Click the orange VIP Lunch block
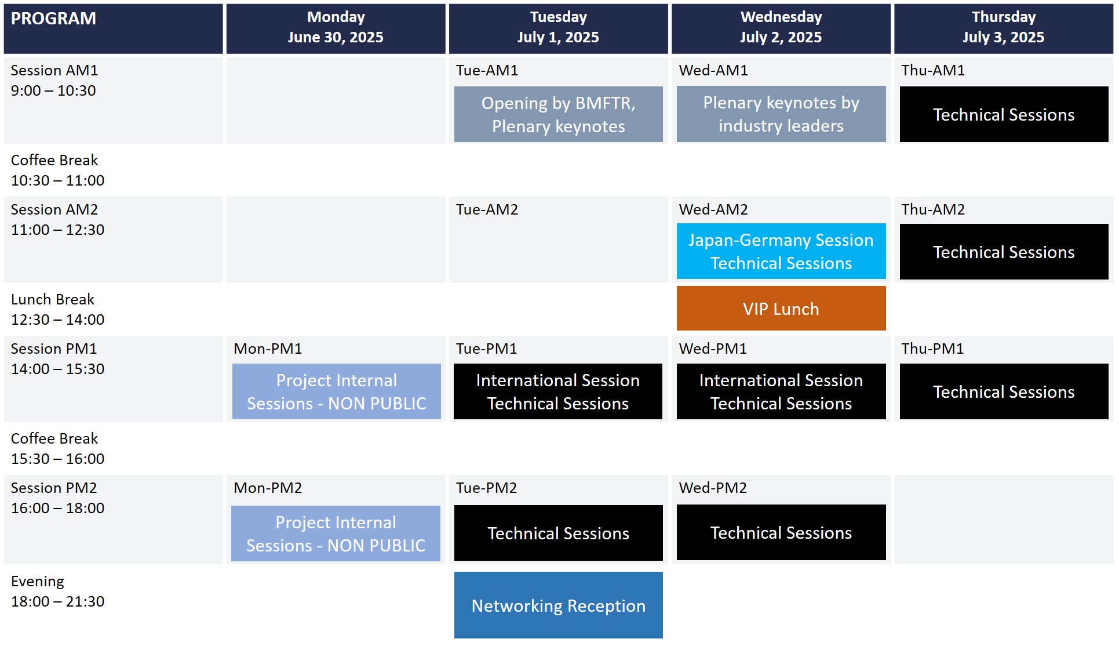tap(781, 308)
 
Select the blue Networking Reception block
tap(559, 605)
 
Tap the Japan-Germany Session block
tap(781, 251)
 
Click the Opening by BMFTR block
tap(559, 114)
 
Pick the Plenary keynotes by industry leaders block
tap(781, 114)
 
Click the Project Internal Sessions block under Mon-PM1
tap(337, 391)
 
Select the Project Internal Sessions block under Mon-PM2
tap(336, 534)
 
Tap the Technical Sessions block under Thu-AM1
tap(1004, 114)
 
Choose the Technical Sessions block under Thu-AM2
tap(1004, 252)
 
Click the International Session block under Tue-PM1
tap(558, 391)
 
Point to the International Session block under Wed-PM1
tap(781, 391)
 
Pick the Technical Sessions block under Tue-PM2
tap(559, 533)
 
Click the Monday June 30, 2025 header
tap(336, 27)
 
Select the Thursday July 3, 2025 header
tap(1004, 27)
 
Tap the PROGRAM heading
tap(54, 19)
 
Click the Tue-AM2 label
tap(487, 209)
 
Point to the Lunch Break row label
tap(53, 299)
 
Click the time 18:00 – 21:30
tap(58, 601)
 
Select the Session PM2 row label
tap(54, 488)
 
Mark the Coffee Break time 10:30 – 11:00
tap(58, 180)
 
